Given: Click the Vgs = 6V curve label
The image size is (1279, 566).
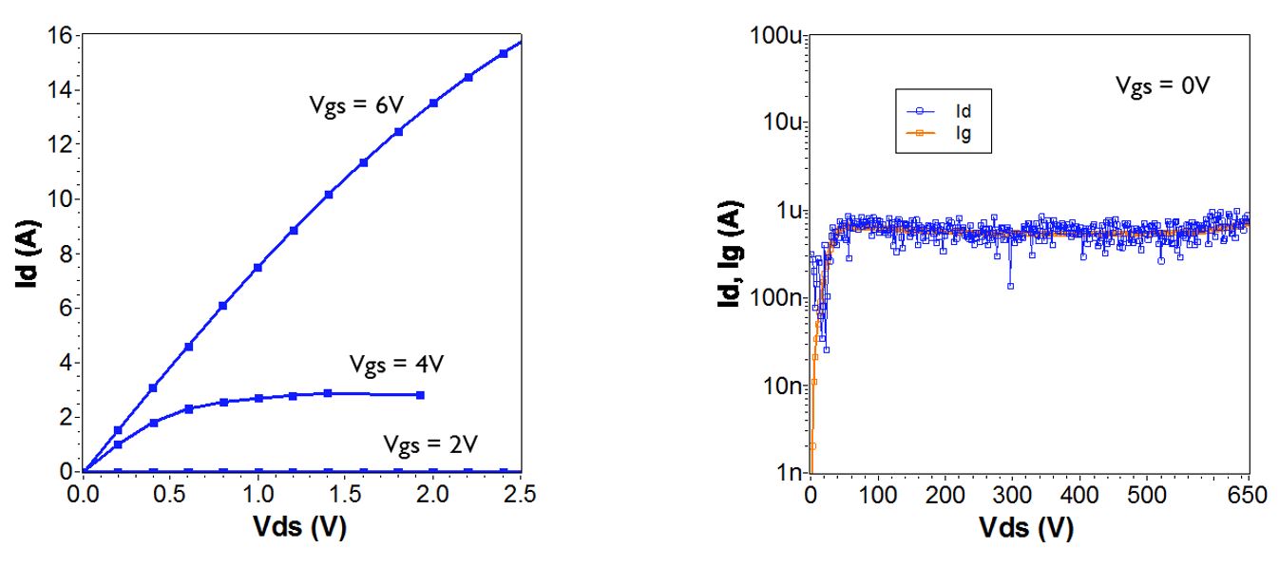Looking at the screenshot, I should tap(357, 106).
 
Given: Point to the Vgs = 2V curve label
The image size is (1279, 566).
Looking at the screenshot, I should tap(430, 443).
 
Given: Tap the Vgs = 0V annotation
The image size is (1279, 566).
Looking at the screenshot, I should tap(1162, 86).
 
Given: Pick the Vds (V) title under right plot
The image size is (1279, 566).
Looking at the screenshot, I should tap(1030, 528).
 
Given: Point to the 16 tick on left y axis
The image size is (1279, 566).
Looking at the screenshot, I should tap(60, 36).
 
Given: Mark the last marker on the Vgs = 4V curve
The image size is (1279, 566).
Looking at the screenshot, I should tap(420, 395).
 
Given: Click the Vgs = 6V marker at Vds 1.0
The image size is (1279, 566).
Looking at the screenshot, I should tap(258, 268).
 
